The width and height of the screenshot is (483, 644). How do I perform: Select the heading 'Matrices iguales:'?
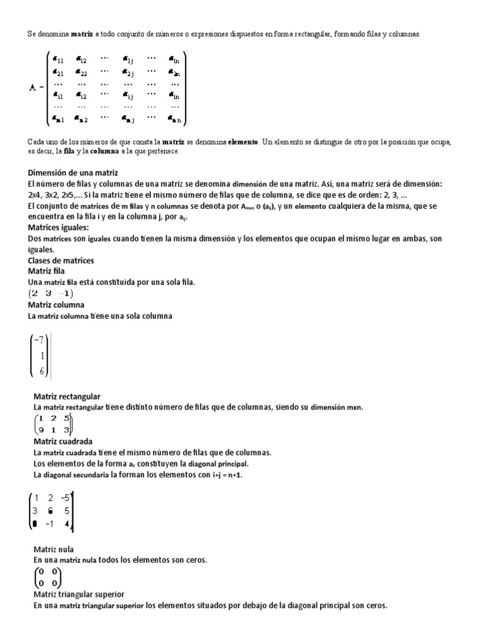click(x=58, y=227)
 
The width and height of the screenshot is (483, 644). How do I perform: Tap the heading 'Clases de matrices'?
click(x=61, y=260)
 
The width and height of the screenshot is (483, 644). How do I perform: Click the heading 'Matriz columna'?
click(x=57, y=304)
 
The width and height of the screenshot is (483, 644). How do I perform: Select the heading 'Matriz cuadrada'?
click(x=62, y=441)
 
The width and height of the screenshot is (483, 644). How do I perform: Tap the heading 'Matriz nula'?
click(x=53, y=549)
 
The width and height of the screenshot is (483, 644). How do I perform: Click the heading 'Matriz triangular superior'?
click(x=79, y=594)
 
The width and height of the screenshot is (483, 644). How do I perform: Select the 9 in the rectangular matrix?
click(x=41, y=430)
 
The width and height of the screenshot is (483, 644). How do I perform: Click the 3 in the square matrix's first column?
click(x=35, y=510)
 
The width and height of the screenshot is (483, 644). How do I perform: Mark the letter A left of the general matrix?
click(x=32, y=87)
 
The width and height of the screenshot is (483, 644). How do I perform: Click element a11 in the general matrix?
click(x=58, y=60)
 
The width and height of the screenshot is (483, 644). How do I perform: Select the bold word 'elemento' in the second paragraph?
click(x=243, y=143)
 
